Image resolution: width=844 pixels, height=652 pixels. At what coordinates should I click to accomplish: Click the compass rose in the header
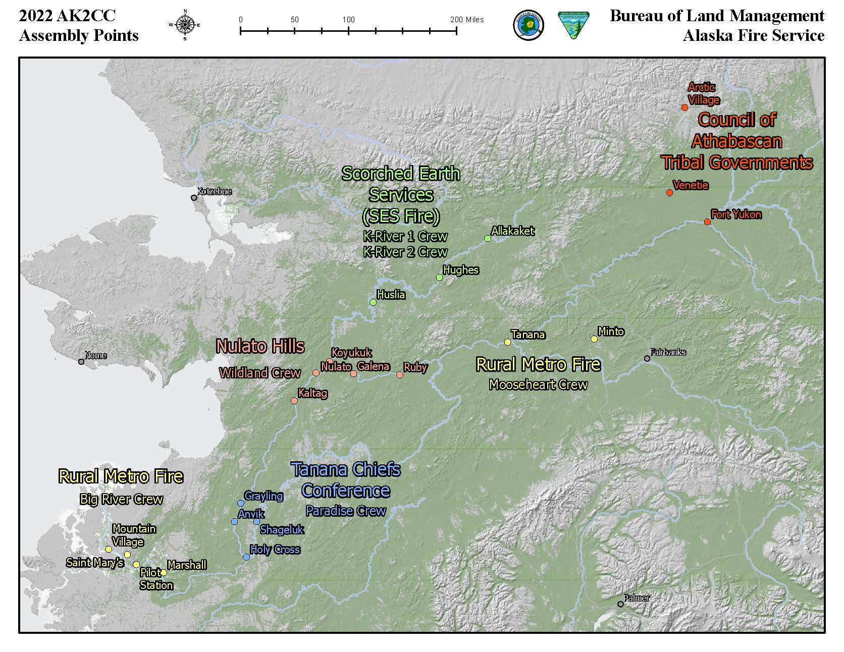185,24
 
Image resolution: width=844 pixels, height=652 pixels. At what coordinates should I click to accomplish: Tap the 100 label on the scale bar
348,20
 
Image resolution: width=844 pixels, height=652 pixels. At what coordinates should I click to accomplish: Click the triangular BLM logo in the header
572,25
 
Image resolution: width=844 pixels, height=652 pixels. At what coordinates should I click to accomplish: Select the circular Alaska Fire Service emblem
528,26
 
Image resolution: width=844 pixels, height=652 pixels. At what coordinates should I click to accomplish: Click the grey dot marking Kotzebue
194,198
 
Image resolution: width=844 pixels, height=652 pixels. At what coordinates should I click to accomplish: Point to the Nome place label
95,355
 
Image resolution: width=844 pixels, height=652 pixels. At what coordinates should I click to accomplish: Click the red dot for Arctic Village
684,107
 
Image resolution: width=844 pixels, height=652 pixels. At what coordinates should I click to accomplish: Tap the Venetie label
691,185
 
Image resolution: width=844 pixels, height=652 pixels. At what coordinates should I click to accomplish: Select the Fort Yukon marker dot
707,222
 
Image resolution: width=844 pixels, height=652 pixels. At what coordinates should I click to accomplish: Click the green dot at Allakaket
488,238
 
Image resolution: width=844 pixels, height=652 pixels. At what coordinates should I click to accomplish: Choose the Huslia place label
391,294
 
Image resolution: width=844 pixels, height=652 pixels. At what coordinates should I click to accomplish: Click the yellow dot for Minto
594,339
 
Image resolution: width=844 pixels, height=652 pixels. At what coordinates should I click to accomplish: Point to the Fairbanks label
668,352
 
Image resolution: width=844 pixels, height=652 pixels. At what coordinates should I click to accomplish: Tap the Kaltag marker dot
294,401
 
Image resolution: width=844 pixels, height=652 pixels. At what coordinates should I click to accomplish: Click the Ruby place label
415,367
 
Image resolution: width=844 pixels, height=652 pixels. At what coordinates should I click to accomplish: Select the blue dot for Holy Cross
246,557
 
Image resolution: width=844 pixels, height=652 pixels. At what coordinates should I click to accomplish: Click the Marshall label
186,565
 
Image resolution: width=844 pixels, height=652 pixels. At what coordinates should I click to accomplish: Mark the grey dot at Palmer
620,604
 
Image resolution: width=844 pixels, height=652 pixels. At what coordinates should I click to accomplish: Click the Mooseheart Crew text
538,385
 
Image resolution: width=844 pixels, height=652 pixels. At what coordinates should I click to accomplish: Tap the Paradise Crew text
346,511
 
